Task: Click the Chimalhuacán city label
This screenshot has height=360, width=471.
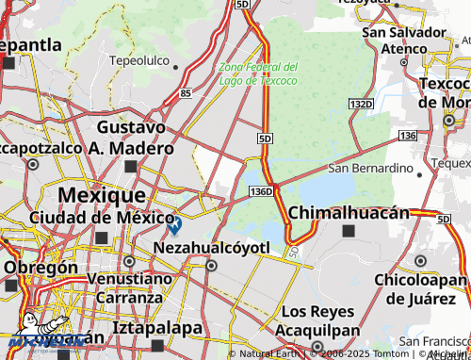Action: click(x=349, y=212)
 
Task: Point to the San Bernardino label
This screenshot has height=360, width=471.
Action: click(x=370, y=169)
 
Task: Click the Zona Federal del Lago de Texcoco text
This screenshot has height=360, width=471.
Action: click(x=257, y=74)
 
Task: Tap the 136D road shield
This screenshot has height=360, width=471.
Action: click(x=262, y=191)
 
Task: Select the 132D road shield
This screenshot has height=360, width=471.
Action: click(x=359, y=102)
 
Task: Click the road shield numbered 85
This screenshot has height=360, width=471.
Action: click(x=186, y=93)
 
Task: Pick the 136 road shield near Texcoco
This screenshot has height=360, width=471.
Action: click(x=407, y=137)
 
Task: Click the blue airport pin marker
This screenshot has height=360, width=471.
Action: click(x=174, y=224)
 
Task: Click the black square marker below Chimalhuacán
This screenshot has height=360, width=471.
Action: click(x=349, y=231)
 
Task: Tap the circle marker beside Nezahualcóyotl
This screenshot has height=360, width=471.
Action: click(x=211, y=266)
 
